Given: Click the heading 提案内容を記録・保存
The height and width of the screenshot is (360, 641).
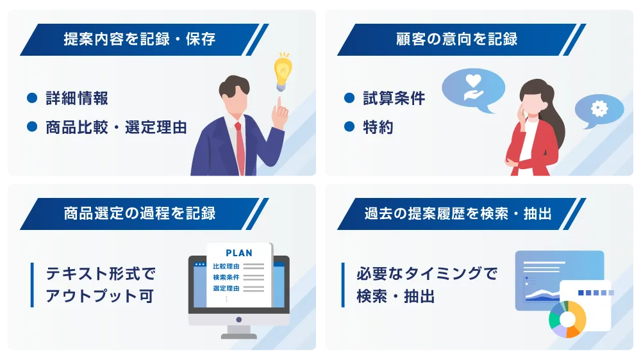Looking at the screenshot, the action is click(x=139, y=39).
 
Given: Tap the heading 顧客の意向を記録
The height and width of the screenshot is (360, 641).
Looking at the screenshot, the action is click(x=456, y=39).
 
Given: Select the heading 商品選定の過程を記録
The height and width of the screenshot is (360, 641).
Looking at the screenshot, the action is click(x=139, y=213).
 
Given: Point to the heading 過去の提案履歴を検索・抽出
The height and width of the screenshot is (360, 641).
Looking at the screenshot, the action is click(x=458, y=213).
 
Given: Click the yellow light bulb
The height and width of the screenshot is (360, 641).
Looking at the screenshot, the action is click(x=283, y=71).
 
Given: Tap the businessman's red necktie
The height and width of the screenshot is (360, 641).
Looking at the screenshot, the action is click(x=240, y=148).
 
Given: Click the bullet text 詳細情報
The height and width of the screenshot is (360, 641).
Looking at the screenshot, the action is click(x=77, y=99).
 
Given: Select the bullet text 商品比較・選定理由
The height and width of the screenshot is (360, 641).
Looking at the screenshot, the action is click(x=116, y=127).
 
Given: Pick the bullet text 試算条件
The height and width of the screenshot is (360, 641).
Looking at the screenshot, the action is click(x=394, y=99).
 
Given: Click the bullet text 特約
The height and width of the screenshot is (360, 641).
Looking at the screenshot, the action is click(x=378, y=127).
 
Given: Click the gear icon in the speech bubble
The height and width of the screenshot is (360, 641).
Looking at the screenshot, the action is click(x=599, y=108).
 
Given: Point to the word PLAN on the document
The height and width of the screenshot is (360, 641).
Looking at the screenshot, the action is click(x=239, y=253).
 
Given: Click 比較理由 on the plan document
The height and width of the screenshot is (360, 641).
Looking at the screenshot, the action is click(x=226, y=266).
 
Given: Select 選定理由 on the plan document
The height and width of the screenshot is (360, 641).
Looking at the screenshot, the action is click(x=226, y=288).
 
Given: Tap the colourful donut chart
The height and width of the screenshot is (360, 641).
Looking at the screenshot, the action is click(x=567, y=320).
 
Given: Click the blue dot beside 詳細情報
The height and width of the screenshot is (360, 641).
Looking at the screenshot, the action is click(x=32, y=98).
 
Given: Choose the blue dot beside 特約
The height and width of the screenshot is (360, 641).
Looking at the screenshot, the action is click(x=349, y=127).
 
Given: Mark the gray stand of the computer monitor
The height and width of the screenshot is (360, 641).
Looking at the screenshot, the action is click(x=238, y=332).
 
